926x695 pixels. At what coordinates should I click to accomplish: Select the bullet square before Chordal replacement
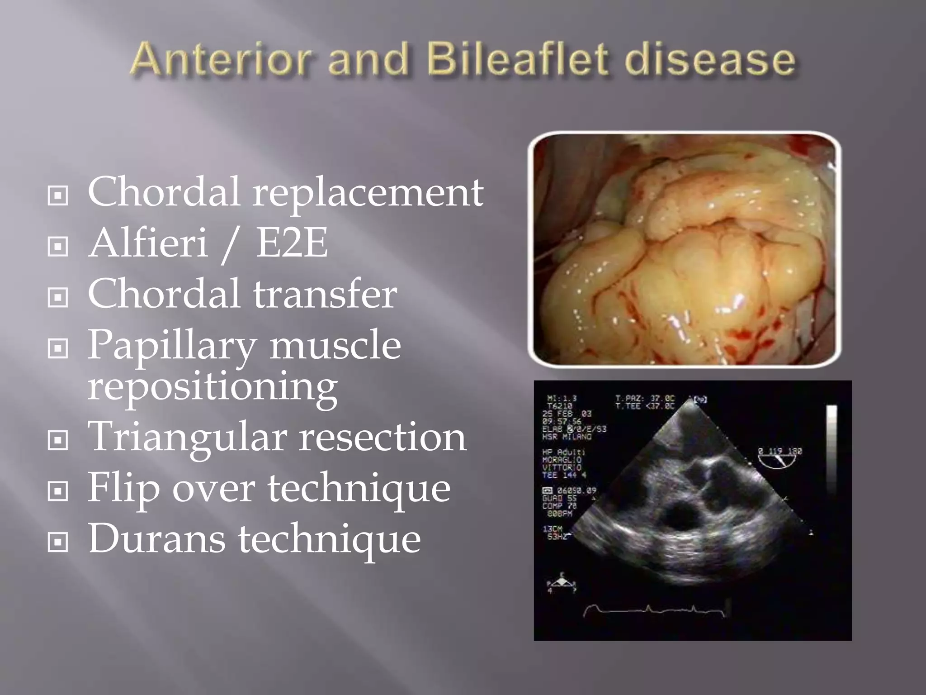[58, 196]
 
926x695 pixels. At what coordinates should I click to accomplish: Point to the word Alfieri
[148, 243]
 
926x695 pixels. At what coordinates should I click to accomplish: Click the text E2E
[292, 243]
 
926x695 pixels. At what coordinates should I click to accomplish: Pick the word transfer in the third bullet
[325, 294]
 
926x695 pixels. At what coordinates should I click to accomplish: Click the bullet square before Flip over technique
[58, 491]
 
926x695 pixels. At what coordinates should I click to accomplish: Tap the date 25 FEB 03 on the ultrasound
[567, 414]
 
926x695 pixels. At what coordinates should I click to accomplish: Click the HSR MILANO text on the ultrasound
[567, 437]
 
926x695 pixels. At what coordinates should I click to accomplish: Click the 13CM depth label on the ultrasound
[552, 528]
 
